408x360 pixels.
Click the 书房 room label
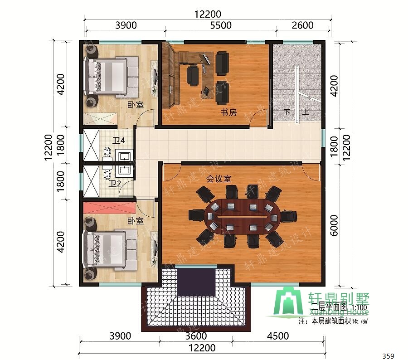point(228,112)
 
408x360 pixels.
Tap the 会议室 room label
point(219,179)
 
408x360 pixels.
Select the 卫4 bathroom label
point(119,141)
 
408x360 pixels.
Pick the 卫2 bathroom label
point(115,184)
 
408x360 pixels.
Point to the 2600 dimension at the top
point(302,25)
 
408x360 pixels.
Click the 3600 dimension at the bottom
point(196,336)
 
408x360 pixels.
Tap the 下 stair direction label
point(287,112)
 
